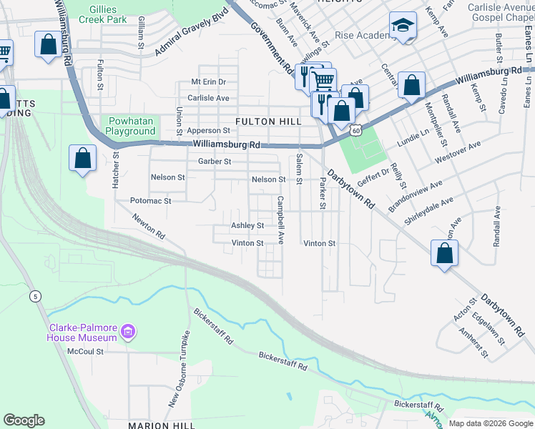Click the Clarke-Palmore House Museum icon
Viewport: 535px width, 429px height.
128,331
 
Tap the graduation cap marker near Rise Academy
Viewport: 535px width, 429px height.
403,26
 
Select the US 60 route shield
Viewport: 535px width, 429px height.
356,130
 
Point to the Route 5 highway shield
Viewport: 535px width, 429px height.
36,296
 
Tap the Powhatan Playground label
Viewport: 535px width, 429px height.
130,126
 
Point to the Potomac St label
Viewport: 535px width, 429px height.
150,202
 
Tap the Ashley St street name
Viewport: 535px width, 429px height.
247,225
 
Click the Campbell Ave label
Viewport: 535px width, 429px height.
281,220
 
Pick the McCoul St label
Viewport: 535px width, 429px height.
86,352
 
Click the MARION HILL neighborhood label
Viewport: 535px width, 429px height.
162,425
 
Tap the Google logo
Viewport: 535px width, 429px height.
24,420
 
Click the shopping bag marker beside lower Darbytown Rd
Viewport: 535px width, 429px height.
444,253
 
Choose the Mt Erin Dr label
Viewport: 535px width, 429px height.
208,82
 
